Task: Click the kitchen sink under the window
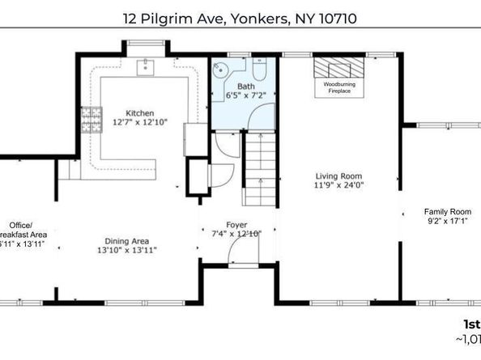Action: click(147, 66)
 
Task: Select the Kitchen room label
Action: click(139, 113)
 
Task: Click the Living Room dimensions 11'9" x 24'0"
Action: click(338, 184)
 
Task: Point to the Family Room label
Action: click(448, 212)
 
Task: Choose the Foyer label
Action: click(237, 224)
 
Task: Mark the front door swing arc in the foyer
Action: click(240, 253)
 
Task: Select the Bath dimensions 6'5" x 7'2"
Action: click(246, 95)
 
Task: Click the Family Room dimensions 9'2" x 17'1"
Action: click(447, 222)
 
